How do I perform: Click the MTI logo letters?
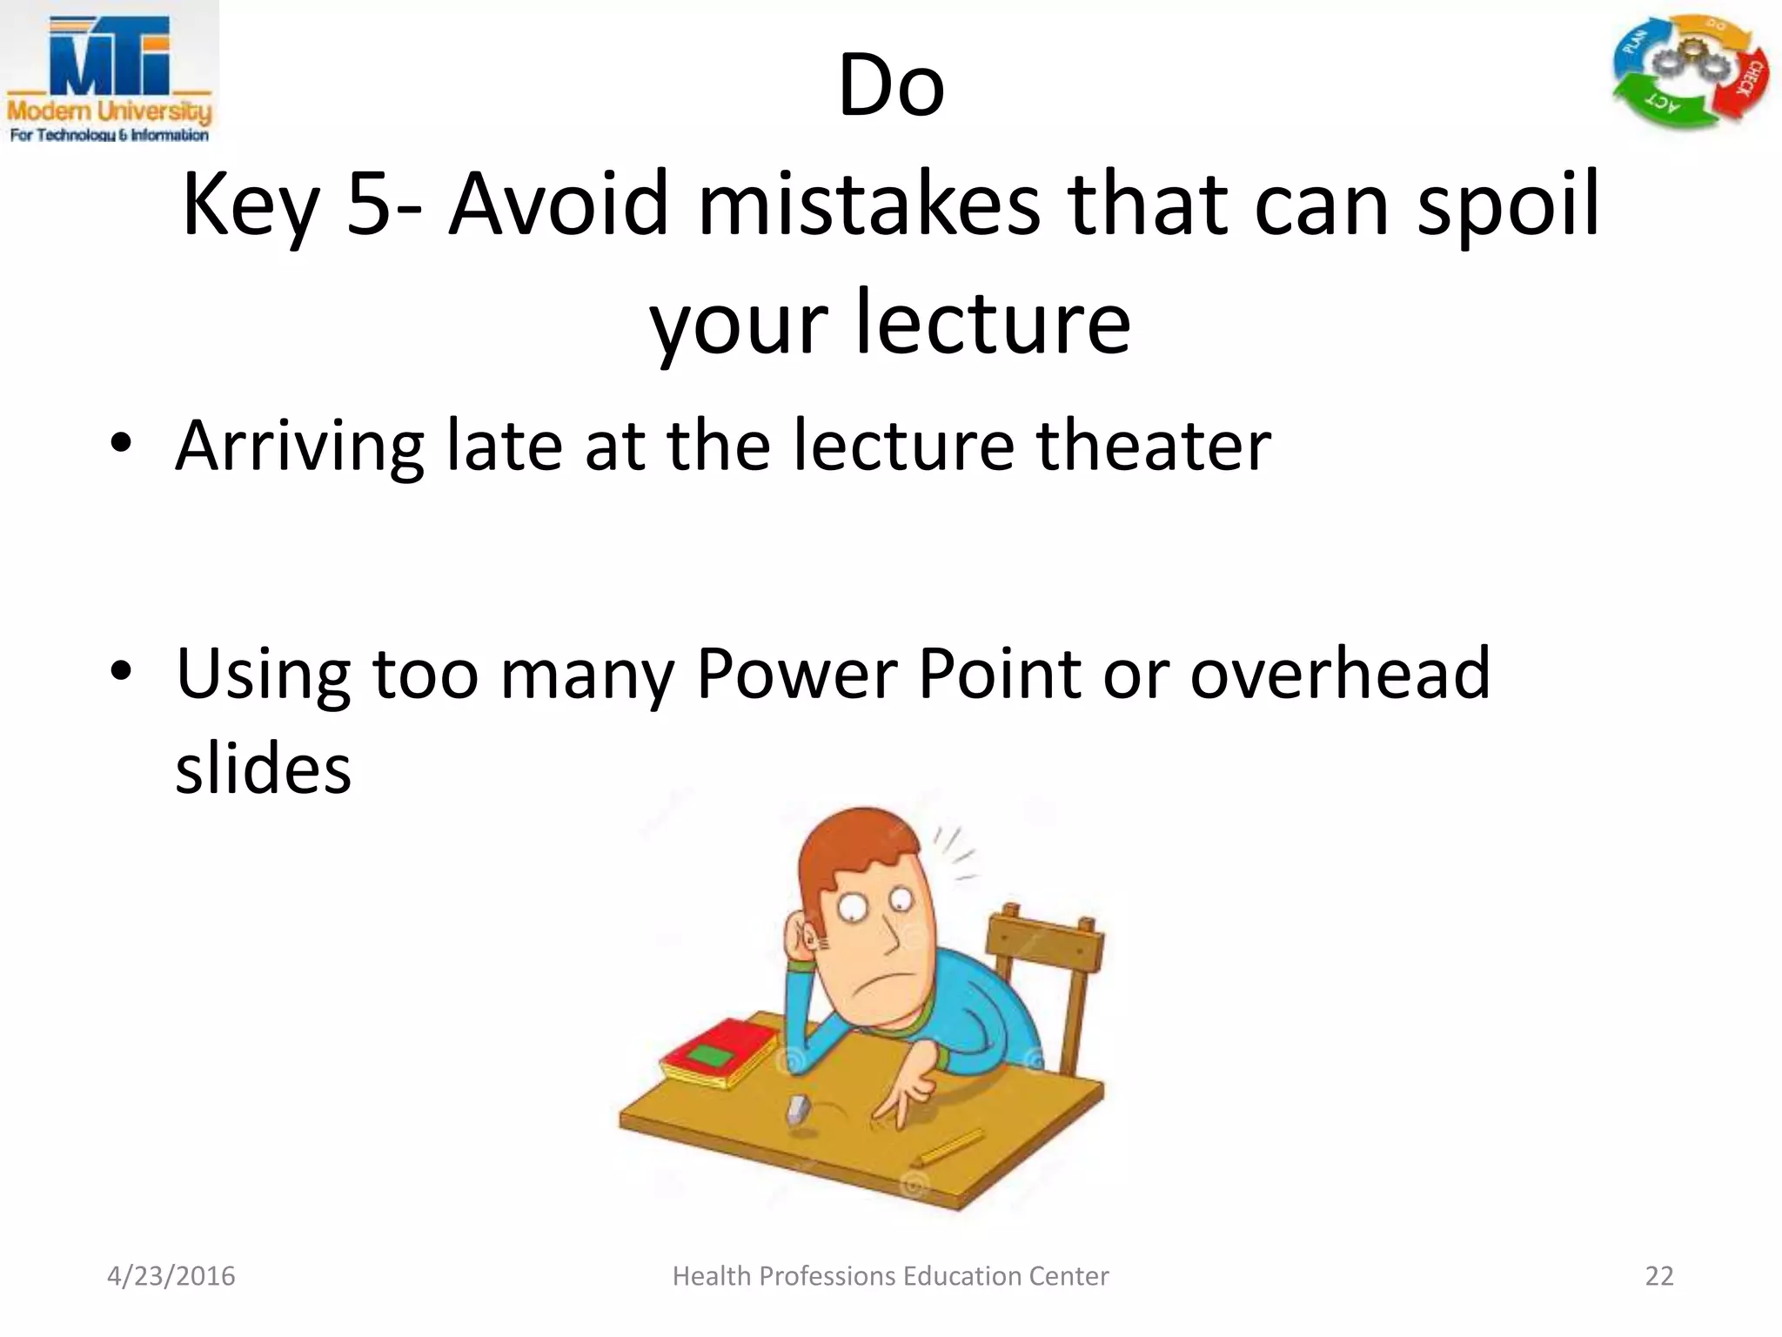pos(109,57)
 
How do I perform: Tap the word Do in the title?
pos(890,86)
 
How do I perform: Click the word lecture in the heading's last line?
pos(993,322)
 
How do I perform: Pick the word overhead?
pos(1339,674)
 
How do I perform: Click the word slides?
pos(263,769)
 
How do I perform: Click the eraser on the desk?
pos(797,1109)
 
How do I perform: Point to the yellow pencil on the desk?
pos(949,1147)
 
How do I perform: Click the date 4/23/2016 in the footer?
pos(171,1276)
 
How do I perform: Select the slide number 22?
pos(1658,1276)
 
